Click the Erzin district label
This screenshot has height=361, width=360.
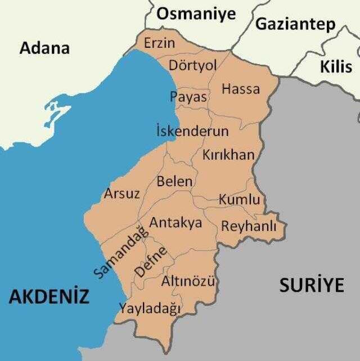159,43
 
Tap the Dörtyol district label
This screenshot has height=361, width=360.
193,66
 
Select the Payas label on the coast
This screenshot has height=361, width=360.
189,96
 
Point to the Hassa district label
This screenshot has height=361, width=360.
241,89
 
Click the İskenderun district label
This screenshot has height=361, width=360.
192,132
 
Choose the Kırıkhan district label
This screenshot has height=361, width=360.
228,155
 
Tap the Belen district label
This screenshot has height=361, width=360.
174,182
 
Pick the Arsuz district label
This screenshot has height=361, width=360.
121,194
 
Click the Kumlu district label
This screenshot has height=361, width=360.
239,200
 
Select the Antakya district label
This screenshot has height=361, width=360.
175,223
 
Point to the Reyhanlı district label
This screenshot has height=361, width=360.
249,226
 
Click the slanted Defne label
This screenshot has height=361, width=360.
150,263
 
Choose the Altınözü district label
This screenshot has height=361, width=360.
188,281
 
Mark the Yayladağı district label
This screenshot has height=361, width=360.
149,308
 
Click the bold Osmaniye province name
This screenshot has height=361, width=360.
196,15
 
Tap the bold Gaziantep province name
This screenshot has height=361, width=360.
295,24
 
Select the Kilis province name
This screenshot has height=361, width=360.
336,67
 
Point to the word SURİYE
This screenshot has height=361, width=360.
312,285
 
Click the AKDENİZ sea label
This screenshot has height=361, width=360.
49,296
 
